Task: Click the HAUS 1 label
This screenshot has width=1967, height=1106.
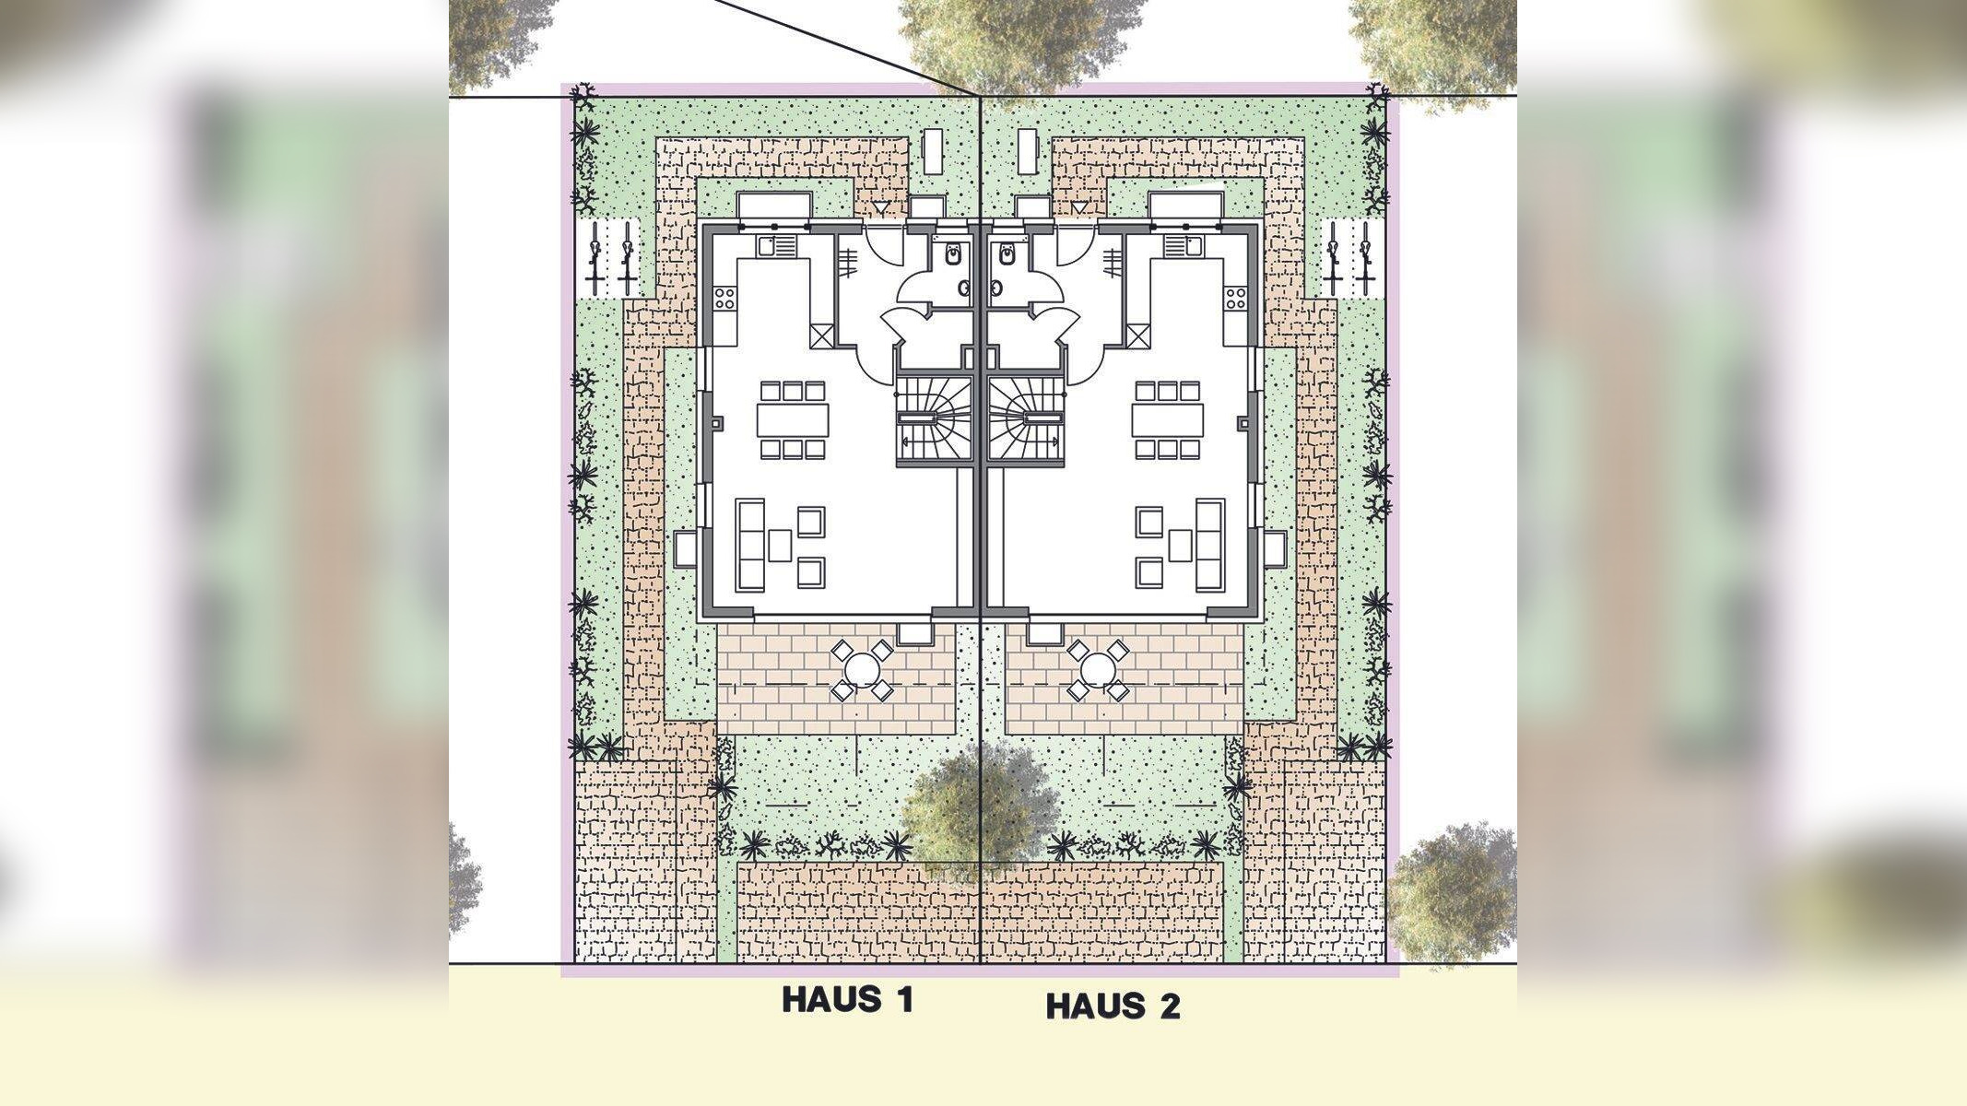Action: [x=847, y=1000]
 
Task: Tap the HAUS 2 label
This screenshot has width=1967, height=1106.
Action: [x=1113, y=1006]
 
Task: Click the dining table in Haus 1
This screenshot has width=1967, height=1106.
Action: [x=793, y=420]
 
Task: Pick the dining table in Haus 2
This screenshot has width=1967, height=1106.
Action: [x=1168, y=420]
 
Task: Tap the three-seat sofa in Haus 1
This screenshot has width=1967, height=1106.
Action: [x=749, y=545]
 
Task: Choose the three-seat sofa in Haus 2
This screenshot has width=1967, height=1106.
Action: [x=1209, y=545]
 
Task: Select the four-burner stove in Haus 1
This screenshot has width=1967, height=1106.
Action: [x=724, y=298]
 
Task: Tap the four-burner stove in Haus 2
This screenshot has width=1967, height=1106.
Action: [x=1235, y=298]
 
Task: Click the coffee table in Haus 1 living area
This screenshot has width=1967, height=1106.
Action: [x=781, y=546]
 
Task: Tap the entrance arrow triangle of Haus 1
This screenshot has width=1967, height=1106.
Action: [x=884, y=209]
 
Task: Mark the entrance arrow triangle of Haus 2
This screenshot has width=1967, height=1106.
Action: [x=1077, y=209]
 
